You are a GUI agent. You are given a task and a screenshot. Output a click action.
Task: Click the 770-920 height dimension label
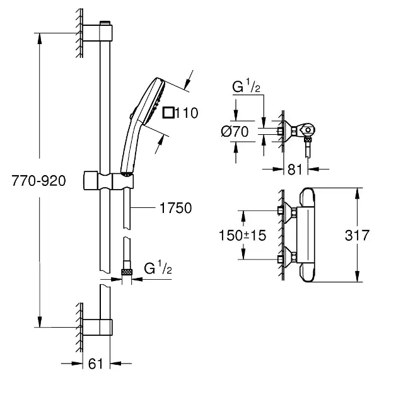[x=38, y=181]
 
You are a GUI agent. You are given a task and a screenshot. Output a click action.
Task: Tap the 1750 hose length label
[x=175, y=208]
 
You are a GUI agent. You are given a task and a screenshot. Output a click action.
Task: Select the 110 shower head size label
[x=187, y=113]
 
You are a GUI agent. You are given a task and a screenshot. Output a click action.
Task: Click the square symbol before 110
[x=168, y=113]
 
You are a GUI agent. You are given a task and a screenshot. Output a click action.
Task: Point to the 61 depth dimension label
[x=96, y=364]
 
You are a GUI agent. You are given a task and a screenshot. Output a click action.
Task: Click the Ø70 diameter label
[x=235, y=132]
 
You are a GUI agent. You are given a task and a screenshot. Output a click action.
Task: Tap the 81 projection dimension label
[x=295, y=170]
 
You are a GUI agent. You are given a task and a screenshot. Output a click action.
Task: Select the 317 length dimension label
[x=358, y=235]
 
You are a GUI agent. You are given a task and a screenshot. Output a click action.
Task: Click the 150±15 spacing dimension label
[x=243, y=235]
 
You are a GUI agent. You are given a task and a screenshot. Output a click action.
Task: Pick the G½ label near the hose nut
[x=158, y=268]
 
